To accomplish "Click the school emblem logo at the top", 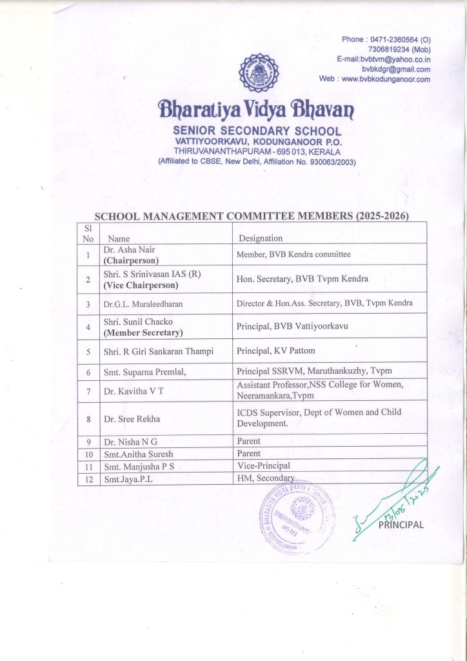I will coord(259,73).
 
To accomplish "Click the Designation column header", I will coord(261,238).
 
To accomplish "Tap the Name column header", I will coord(119,238).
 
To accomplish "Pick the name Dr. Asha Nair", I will coord(129,249).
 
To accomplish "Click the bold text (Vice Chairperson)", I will coord(141,285).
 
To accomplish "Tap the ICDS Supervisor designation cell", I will coord(319,417).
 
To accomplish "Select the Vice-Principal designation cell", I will coord(264,465).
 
